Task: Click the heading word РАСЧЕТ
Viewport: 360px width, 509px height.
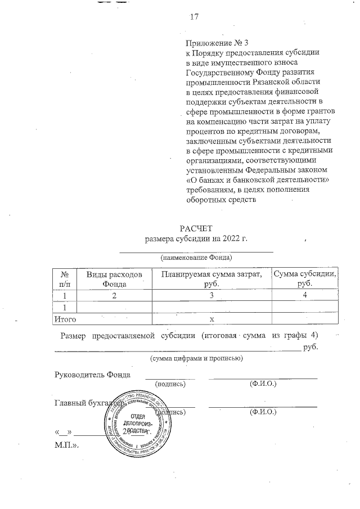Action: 195,229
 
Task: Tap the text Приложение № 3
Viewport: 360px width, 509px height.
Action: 217,42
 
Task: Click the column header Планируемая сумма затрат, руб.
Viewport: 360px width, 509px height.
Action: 211,279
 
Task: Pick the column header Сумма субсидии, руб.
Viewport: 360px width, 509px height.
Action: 305,279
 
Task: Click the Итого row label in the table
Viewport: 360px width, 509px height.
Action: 64,319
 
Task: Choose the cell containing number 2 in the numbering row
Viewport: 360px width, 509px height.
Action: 114,295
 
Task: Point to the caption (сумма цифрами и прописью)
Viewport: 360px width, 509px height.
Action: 195,358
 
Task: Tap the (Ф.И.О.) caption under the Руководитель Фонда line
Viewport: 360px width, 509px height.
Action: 262,384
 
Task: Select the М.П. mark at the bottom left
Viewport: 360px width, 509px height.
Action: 66,444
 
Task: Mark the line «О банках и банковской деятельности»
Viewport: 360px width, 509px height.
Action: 257,179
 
